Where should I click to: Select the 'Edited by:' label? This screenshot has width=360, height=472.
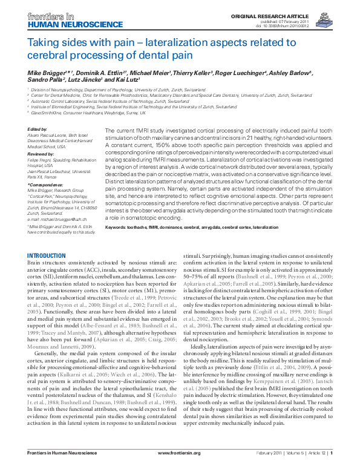point(38,129)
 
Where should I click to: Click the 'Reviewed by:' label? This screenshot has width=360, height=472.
point(41,154)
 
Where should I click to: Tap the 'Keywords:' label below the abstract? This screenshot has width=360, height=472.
point(117,226)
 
